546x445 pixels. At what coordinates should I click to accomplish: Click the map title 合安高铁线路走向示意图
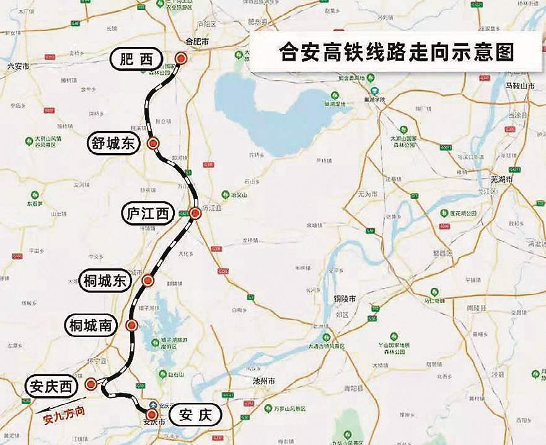pos(397,51)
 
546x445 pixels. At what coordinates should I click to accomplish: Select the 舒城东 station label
pos(113,144)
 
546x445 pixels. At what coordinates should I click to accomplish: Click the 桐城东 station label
pos(105,281)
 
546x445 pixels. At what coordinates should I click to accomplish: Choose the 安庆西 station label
pos(50,387)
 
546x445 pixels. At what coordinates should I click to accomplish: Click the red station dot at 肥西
pos(180,58)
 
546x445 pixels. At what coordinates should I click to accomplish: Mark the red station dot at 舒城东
pos(154,144)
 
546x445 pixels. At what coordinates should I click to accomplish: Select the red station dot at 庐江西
pos(195,213)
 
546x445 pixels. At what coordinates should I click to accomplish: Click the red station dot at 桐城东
pos(148,281)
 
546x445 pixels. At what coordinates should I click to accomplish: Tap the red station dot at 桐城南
pos(131,325)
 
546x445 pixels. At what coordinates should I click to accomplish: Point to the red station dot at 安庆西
pos(91,384)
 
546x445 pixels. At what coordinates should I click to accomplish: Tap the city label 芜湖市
pos(502,178)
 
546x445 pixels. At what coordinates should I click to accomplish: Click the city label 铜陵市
pos(345,299)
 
